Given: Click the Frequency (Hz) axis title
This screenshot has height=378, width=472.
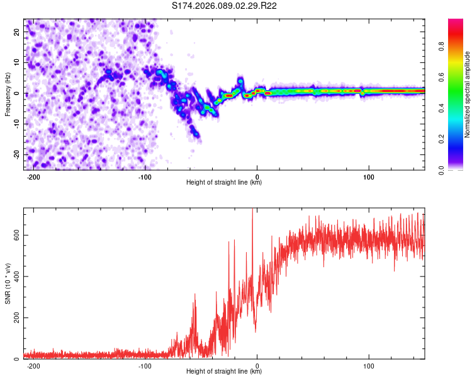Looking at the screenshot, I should pyautogui.click(x=8, y=94).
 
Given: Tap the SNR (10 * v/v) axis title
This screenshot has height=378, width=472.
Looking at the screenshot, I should pyautogui.click(x=8, y=283).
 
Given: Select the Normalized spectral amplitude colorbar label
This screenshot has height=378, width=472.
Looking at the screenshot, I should pyautogui.click(x=468, y=94).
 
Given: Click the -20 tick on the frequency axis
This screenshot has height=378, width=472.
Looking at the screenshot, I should pyautogui.click(x=16, y=154).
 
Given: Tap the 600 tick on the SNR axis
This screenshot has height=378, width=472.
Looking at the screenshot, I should pyautogui.click(x=14, y=235).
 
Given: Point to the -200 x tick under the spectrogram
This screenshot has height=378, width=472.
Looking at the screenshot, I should pyautogui.click(x=33, y=176).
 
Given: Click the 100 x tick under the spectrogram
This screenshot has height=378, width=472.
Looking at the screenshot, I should pyautogui.click(x=369, y=176).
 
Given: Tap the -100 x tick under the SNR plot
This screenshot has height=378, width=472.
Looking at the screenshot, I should pyautogui.click(x=145, y=365).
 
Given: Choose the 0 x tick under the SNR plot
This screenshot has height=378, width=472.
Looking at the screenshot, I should pyautogui.click(x=257, y=365).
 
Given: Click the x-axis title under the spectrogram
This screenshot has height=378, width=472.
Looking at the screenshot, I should pyautogui.click(x=224, y=183).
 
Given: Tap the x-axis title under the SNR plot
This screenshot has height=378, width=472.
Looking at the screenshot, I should pyautogui.click(x=224, y=372).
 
